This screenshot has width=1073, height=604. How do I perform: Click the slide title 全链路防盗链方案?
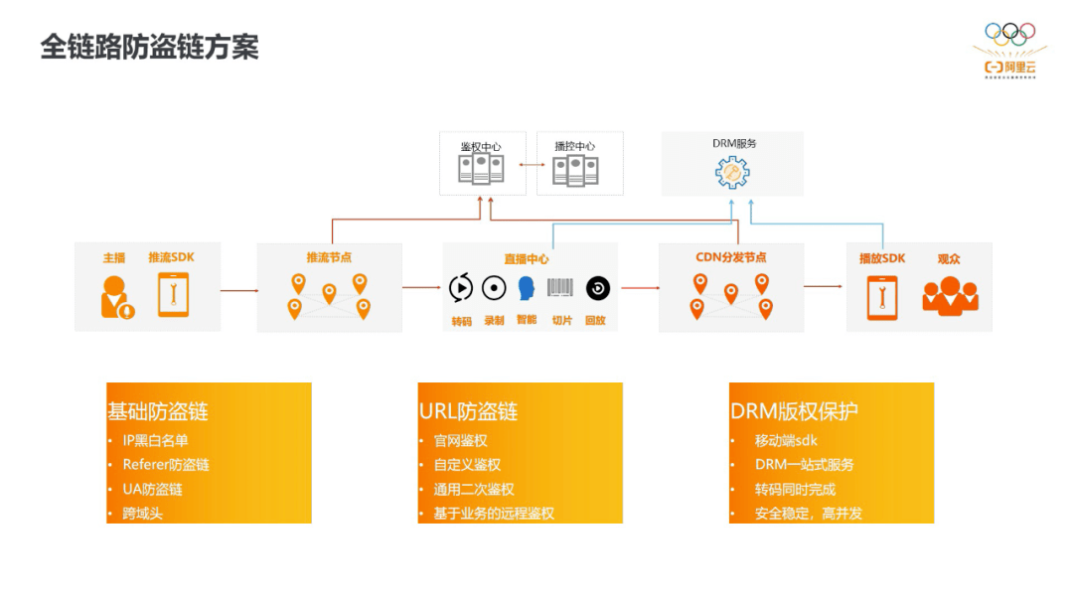pyautogui.click(x=149, y=47)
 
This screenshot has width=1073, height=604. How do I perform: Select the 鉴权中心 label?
pyautogui.click(x=480, y=147)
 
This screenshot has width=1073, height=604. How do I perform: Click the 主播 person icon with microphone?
pyautogui.click(x=116, y=296)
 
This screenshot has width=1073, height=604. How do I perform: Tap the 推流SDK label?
pyautogui.click(x=171, y=258)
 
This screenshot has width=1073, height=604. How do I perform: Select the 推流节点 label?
pyautogui.click(x=329, y=257)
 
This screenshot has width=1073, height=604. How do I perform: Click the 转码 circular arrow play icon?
pyautogui.click(x=461, y=288)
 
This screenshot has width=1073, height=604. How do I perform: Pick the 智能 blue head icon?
pyautogui.click(x=527, y=288)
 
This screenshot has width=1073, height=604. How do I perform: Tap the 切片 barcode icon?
pyautogui.click(x=561, y=288)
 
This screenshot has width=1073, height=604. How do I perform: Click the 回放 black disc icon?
pyautogui.click(x=597, y=288)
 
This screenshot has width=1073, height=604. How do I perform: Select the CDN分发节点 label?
pyautogui.click(x=730, y=257)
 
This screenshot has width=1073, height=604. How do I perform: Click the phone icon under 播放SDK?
pyautogui.click(x=881, y=297)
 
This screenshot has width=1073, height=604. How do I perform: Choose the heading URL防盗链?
pyautogui.click(x=468, y=411)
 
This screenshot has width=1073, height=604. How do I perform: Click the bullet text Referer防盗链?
pyautogui.click(x=166, y=465)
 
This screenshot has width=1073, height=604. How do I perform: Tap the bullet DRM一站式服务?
pyautogui.click(x=804, y=465)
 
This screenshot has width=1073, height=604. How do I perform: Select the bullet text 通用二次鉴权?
pyautogui.click(x=474, y=490)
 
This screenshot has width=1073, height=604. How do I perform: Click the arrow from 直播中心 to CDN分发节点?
pyautogui.click(x=639, y=288)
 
